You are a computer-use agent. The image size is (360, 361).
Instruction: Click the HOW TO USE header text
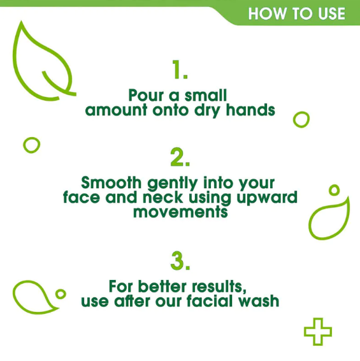point(296,14)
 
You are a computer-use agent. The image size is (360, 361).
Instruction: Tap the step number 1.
point(179,70)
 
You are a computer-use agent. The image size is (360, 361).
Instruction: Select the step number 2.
point(179,156)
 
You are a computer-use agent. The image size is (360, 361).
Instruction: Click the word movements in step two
point(180,212)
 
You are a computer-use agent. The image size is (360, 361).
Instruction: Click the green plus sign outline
point(317,332)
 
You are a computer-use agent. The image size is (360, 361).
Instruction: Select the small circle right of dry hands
point(301,119)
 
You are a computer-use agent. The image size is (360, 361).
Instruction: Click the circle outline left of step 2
point(31,145)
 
